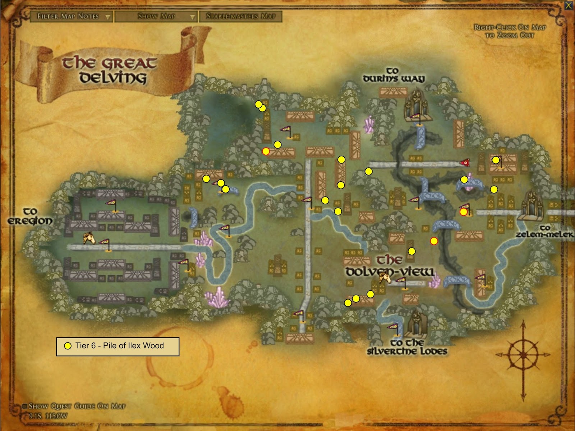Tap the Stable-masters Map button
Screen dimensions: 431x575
tap(241, 17)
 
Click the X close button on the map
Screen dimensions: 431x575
tap(569, 5)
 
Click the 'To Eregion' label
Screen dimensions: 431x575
tap(30, 216)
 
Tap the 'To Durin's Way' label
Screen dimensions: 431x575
tap(394, 75)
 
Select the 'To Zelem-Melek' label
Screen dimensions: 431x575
tap(544, 231)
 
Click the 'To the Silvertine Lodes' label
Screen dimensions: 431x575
tap(407, 347)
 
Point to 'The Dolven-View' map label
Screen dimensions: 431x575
tap(390, 266)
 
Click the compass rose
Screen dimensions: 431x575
tap(523, 354)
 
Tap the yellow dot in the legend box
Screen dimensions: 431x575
tap(68, 346)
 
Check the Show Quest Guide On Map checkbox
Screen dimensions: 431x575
tap(25, 406)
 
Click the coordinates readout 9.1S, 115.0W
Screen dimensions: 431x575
tap(48, 416)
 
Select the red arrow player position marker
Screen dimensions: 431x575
tap(466, 163)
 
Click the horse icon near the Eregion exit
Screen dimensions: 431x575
tap(89, 237)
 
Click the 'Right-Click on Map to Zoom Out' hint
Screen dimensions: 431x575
tap(510, 31)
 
